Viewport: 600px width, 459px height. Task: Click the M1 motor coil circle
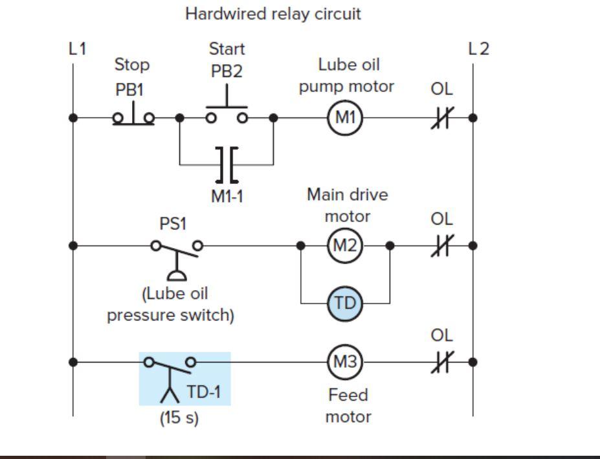click(x=345, y=118)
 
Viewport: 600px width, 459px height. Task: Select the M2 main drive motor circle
click(x=345, y=246)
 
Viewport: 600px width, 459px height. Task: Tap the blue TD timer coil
click(x=345, y=302)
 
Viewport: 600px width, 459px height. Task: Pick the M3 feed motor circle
click(x=345, y=362)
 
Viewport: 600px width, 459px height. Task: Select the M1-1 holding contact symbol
click(x=226, y=164)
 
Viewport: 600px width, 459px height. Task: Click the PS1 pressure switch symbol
click(x=177, y=256)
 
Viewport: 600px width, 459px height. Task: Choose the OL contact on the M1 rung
click(x=441, y=118)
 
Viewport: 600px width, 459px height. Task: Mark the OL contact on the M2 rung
click(x=441, y=246)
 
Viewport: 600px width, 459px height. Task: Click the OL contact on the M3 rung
click(x=441, y=362)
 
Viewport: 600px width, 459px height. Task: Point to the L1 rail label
click(x=77, y=49)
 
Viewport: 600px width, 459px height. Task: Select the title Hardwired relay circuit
click(x=272, y=14)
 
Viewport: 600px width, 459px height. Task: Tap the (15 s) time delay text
click(x=179, y=418)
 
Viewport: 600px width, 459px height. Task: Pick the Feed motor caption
click(x=348, y=405)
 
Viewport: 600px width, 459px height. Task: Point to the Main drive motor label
click(x=348, y=205)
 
